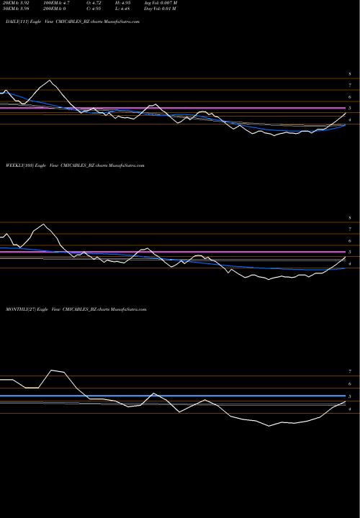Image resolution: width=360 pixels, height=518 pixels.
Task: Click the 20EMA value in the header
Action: click(17, 4)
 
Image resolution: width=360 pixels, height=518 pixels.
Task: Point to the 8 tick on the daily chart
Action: click(349, 74)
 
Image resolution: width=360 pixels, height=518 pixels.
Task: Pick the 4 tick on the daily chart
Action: click(349, 120)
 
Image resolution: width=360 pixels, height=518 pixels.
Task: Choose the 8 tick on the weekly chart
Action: click(349, 217)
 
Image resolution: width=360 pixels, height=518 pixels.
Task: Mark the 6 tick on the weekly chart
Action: click(349, 241)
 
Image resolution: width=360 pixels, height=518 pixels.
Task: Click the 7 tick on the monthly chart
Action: click(349, 372)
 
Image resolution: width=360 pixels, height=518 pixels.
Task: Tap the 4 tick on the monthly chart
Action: click(349, 409)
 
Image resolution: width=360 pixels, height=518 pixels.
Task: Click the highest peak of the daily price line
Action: click(49, 80)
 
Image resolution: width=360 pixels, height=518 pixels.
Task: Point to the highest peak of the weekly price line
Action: click(43, 224)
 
